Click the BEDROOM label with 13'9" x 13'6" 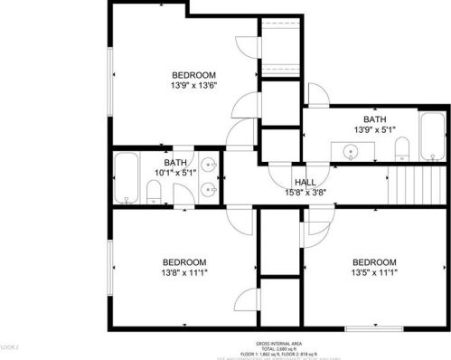[x=193, y=74]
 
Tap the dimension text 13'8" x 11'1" [x=184, y=272]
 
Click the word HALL [x=293, y=180]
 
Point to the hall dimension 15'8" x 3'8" [x=293, y=191]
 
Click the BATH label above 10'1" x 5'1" [x=176, y=161]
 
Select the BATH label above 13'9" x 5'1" [x=374, y=119]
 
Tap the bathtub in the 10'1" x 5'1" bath [x=127, y=179]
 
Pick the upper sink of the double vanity [x=210, y=166]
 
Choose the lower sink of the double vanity [x=210, y=190]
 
